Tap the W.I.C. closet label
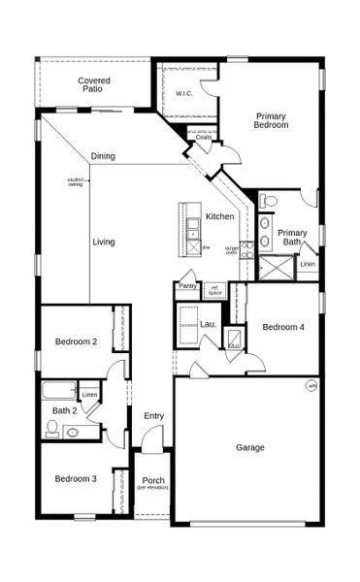pos(185,93)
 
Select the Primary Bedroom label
pos(271,120)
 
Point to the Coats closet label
pos(204,138)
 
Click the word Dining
pos(104,156)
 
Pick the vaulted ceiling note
pos(76,181)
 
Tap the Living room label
pos(104,242)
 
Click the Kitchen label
pos(219,215)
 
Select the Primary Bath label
pos(292,237)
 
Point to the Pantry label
pos(187,286)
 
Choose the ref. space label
pos(215,290)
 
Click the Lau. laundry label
pos(208,324)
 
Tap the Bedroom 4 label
pos(283,328)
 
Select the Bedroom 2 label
pos(75,341)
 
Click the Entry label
pos(154,416)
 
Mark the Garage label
pos(249,448)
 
